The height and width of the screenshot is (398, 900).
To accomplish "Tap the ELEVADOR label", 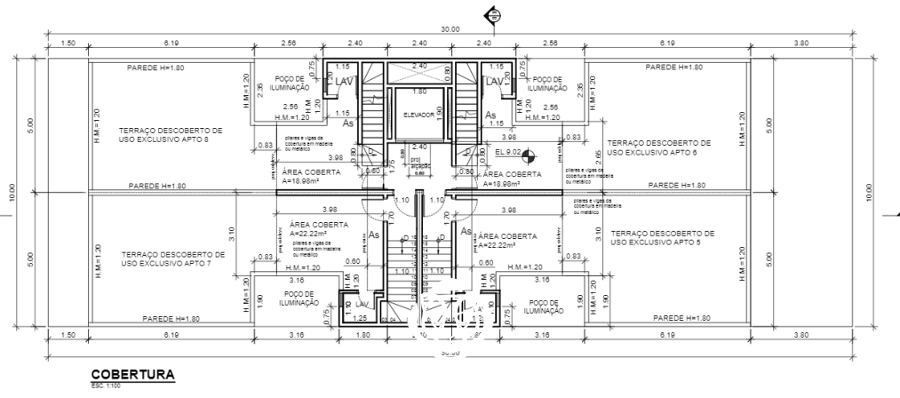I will (x=418, y=115).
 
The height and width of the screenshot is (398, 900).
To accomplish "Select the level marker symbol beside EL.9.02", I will (x=530, y=155).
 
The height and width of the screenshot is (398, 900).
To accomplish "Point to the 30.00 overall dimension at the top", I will (x=450, y=30).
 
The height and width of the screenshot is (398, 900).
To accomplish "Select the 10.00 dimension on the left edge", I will (x=12, y=192).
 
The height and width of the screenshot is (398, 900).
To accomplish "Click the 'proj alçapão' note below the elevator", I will (x=417, y=163).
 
